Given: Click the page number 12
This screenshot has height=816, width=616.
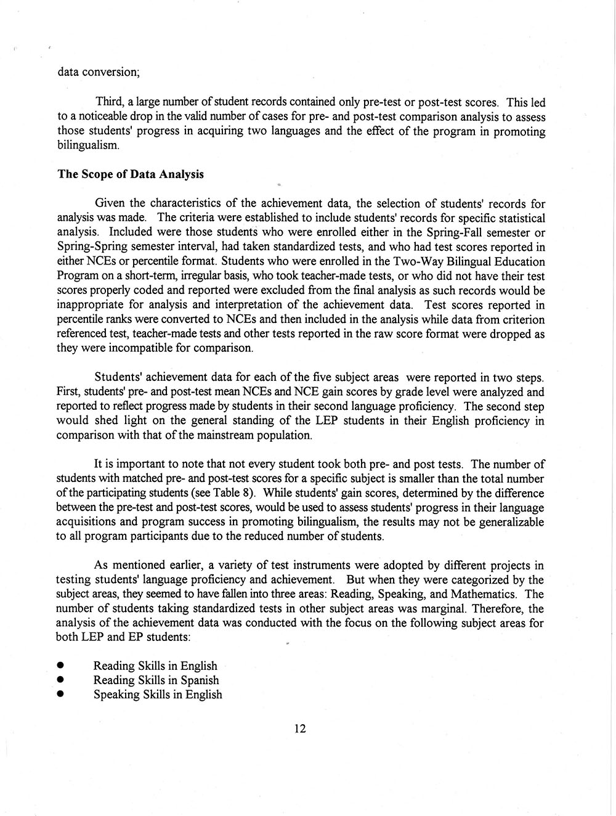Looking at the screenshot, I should [x=300, y=728].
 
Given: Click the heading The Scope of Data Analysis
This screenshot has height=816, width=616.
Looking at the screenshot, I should [x=130, y=174].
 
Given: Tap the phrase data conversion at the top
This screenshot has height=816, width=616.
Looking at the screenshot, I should [x=99, y=71].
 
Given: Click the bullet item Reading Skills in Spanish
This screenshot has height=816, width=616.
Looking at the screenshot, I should [x=156, y=680].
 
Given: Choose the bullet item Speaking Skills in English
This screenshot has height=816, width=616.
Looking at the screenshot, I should [x=158, y=695].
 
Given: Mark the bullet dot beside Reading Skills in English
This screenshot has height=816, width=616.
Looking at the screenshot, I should [x=60, y=666].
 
